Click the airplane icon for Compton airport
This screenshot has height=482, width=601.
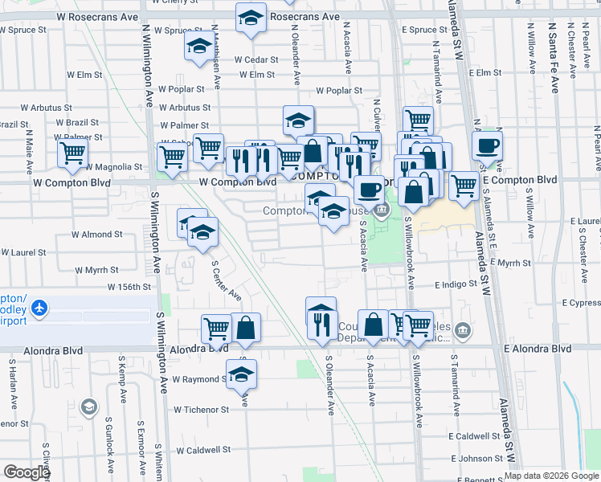[39, 308]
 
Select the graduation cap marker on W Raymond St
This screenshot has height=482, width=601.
[241, 374]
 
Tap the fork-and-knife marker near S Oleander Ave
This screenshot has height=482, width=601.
[321, 323]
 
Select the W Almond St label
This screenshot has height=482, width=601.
[96, 235]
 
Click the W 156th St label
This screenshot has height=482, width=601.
[130, 287]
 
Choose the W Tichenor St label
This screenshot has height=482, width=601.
[201, 409]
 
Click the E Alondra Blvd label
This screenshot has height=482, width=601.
[538, 349]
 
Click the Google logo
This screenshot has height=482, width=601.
[27, 472]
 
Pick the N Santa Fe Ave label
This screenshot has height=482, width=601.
[554, 57]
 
